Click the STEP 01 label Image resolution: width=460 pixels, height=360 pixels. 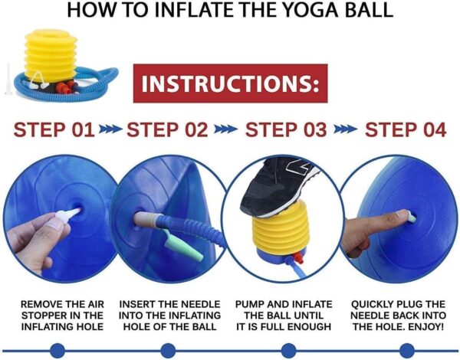54,129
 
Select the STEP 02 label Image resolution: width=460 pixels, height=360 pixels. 167,129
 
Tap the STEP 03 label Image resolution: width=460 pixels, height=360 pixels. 285,129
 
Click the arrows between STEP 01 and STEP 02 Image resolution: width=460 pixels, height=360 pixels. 110,129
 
